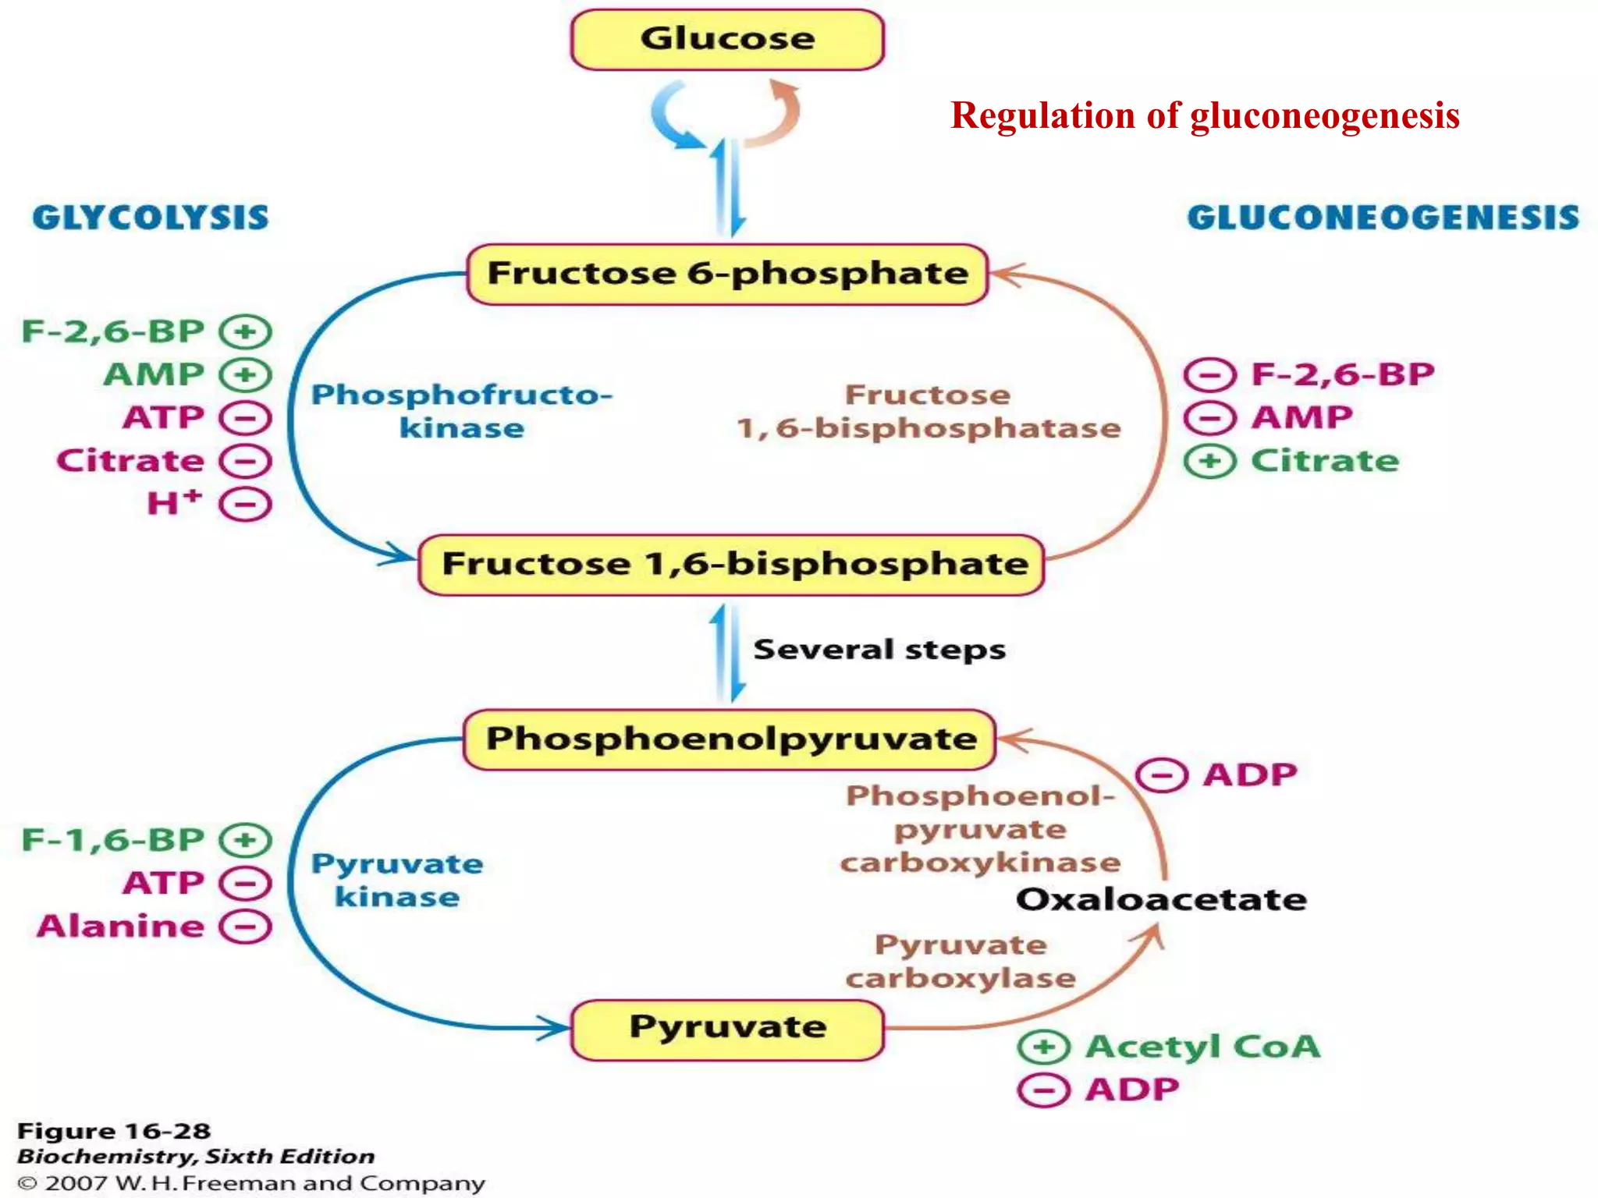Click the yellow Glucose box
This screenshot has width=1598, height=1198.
727,39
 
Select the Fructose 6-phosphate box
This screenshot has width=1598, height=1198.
727,274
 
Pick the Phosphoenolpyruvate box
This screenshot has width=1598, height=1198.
730,739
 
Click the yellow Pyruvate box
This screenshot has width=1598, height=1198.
727,1028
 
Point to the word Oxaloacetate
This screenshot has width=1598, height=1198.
1161,900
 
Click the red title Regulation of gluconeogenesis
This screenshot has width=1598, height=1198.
1205,115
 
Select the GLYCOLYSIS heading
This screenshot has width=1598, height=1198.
151,218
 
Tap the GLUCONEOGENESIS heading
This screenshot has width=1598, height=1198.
1383,218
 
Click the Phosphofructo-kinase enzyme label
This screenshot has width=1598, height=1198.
462,411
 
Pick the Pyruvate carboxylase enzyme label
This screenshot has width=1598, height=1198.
961,961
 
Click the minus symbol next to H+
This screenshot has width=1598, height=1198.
245,505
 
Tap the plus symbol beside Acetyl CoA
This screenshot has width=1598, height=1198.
1044,1047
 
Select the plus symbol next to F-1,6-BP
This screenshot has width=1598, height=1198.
245,840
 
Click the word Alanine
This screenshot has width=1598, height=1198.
122,927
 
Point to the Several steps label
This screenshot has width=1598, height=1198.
879,650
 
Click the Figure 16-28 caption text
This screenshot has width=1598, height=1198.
114,1131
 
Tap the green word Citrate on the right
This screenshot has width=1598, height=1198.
1325,461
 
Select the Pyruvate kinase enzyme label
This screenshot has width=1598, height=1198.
397,880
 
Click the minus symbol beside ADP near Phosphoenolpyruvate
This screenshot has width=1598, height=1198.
1161,775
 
